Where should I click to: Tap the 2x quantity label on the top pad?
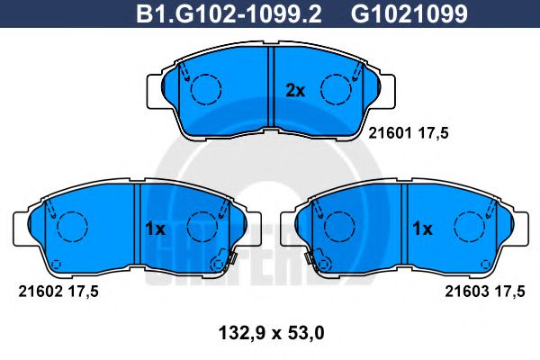(295, 89)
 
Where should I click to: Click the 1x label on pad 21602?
(155, 229)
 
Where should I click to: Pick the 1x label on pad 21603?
(422, 229)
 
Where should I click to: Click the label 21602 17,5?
(57, 290)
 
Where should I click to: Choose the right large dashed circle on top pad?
(337, 88)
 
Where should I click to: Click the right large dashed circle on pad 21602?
(200, 226)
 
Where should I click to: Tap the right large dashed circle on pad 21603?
(468, 226)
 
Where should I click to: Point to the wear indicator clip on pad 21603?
(314, 262)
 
